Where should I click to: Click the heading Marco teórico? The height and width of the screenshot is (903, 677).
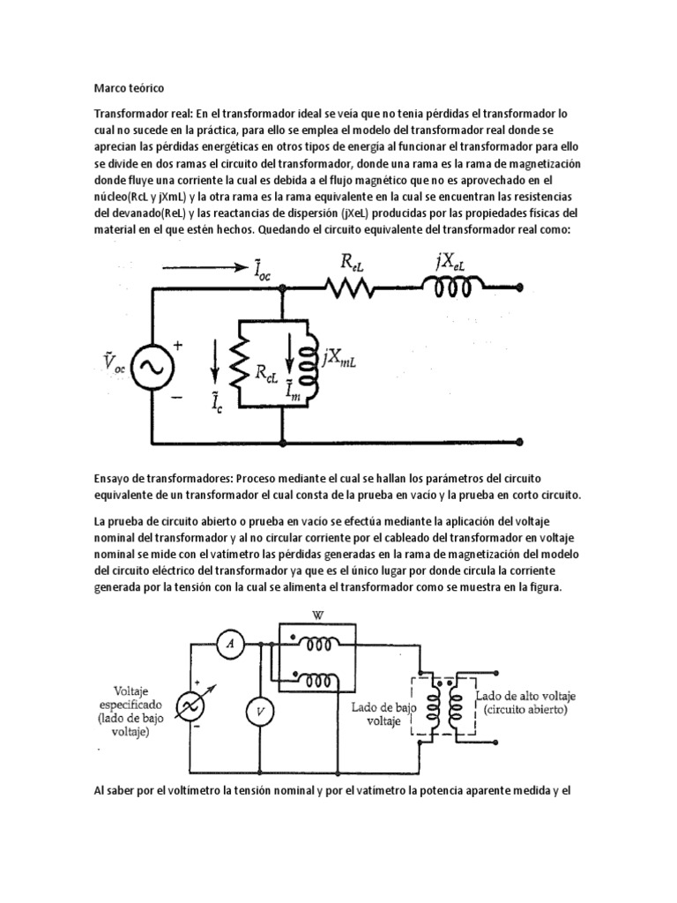(x=128, y=88)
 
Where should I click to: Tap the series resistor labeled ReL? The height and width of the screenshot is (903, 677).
(x=352, y=287)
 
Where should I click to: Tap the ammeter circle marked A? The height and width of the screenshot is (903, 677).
(x=231, y=646)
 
